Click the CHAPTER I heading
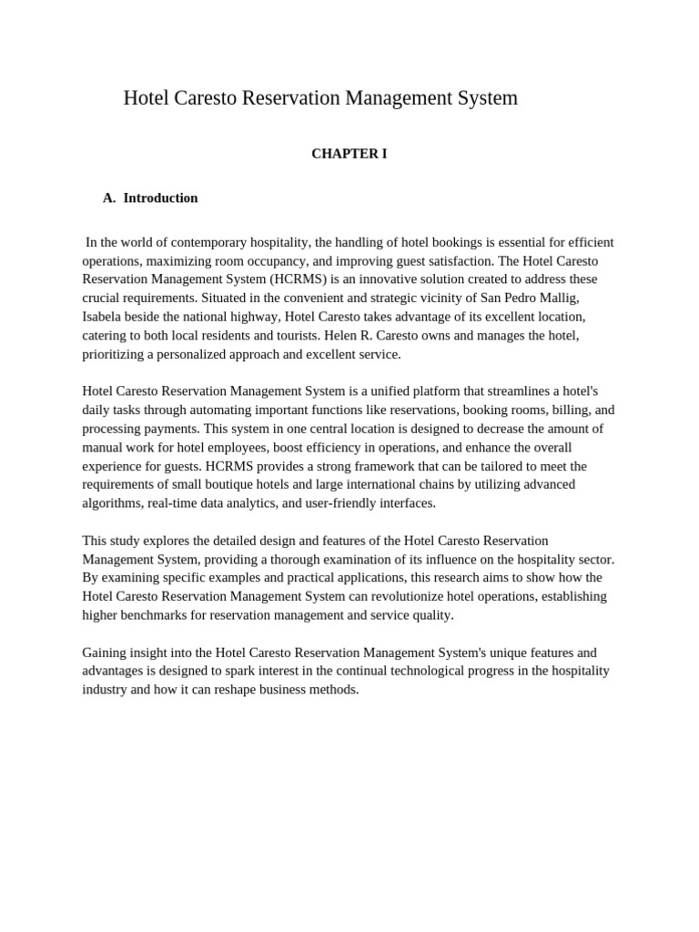349,154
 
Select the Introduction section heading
160,198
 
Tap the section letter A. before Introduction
110,198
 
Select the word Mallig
557,298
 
